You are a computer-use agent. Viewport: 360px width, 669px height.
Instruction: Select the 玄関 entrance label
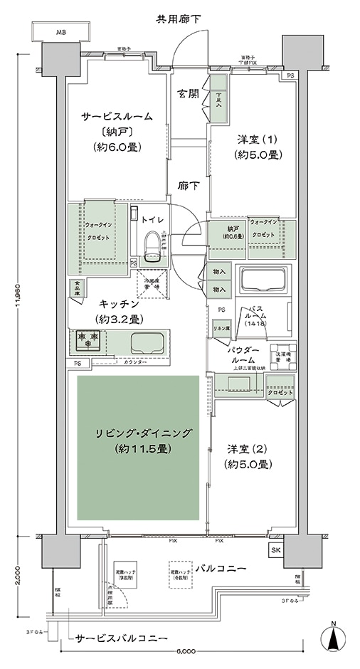click(x=186, y=93)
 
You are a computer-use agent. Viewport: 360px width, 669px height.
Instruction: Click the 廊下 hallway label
click(x=186, y=184)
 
